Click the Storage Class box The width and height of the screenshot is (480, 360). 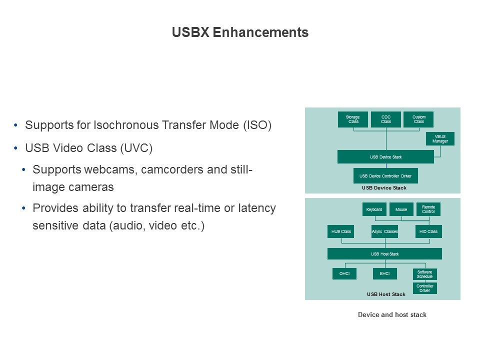point(353,119)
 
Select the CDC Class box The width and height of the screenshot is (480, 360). point(385,119)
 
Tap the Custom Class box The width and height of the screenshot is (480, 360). point(418,119)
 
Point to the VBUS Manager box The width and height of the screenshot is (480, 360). point(440,138)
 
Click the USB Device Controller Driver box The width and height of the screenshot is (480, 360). point(385,175)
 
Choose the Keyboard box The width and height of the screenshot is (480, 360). point(374,209)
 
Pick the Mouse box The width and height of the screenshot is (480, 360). point(401,209)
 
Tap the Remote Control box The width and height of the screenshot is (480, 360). point(428,209)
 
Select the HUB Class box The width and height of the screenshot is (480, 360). point(340,231)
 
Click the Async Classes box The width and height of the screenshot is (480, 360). point(385,231)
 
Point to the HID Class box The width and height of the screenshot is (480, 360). point(428,231)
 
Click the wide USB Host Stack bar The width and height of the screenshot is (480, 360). point(385,254)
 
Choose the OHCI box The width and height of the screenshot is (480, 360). point(344,273)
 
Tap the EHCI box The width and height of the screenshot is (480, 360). point(385,273)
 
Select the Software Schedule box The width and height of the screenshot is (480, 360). point(425,274)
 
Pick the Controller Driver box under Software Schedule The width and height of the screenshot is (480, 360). point(425,288)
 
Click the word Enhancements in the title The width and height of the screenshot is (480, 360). point(260,32)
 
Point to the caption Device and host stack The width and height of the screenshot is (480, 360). point(392,314)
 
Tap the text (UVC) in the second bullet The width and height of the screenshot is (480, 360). point(136,148)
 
